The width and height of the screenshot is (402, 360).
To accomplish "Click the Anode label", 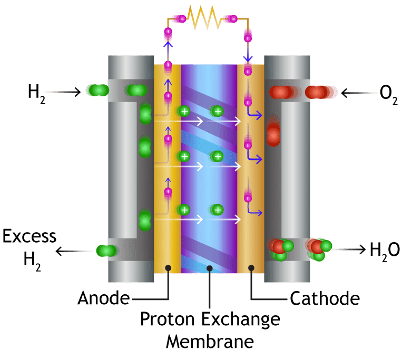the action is (104, 298).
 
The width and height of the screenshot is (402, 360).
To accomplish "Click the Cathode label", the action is (325, 298).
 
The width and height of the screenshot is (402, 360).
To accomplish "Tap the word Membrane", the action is (210, 341).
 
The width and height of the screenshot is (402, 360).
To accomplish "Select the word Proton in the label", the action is (168, 319).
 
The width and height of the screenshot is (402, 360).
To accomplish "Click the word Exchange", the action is (240, 320).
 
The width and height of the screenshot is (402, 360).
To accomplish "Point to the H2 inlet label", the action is (37, 95).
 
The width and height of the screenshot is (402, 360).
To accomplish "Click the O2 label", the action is (389, 95).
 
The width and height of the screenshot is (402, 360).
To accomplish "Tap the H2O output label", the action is (385, 252).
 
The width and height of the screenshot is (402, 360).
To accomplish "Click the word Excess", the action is (29, 236).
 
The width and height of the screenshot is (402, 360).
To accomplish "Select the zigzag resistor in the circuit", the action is (204, 18).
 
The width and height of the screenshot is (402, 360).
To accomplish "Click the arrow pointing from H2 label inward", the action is (63, 92).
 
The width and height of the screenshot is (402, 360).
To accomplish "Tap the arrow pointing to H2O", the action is (350, 249).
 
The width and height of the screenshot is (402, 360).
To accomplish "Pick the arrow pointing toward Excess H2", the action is (74, 251).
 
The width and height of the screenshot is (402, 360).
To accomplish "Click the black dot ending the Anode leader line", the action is (168, 268).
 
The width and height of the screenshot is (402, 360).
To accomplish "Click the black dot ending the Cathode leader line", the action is (251, 268).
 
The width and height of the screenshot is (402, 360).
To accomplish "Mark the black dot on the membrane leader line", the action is (210, 268).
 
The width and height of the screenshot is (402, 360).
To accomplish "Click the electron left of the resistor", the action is (182, 19).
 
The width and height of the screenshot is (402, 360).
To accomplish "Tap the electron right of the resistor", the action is (233, 19).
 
